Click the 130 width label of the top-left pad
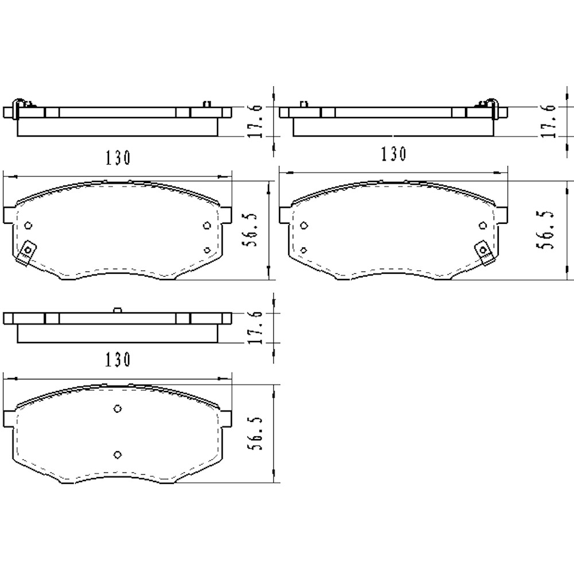[x=118, y=158]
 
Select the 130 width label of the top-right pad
[x=394, y=154]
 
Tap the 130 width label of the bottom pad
[x=118, y=360]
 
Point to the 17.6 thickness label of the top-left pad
[x=255, y=121]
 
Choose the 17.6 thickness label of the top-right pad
[x=549, y=121]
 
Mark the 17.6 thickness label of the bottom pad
[x=255, y=328]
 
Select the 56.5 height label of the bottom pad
[x=255, y=433]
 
